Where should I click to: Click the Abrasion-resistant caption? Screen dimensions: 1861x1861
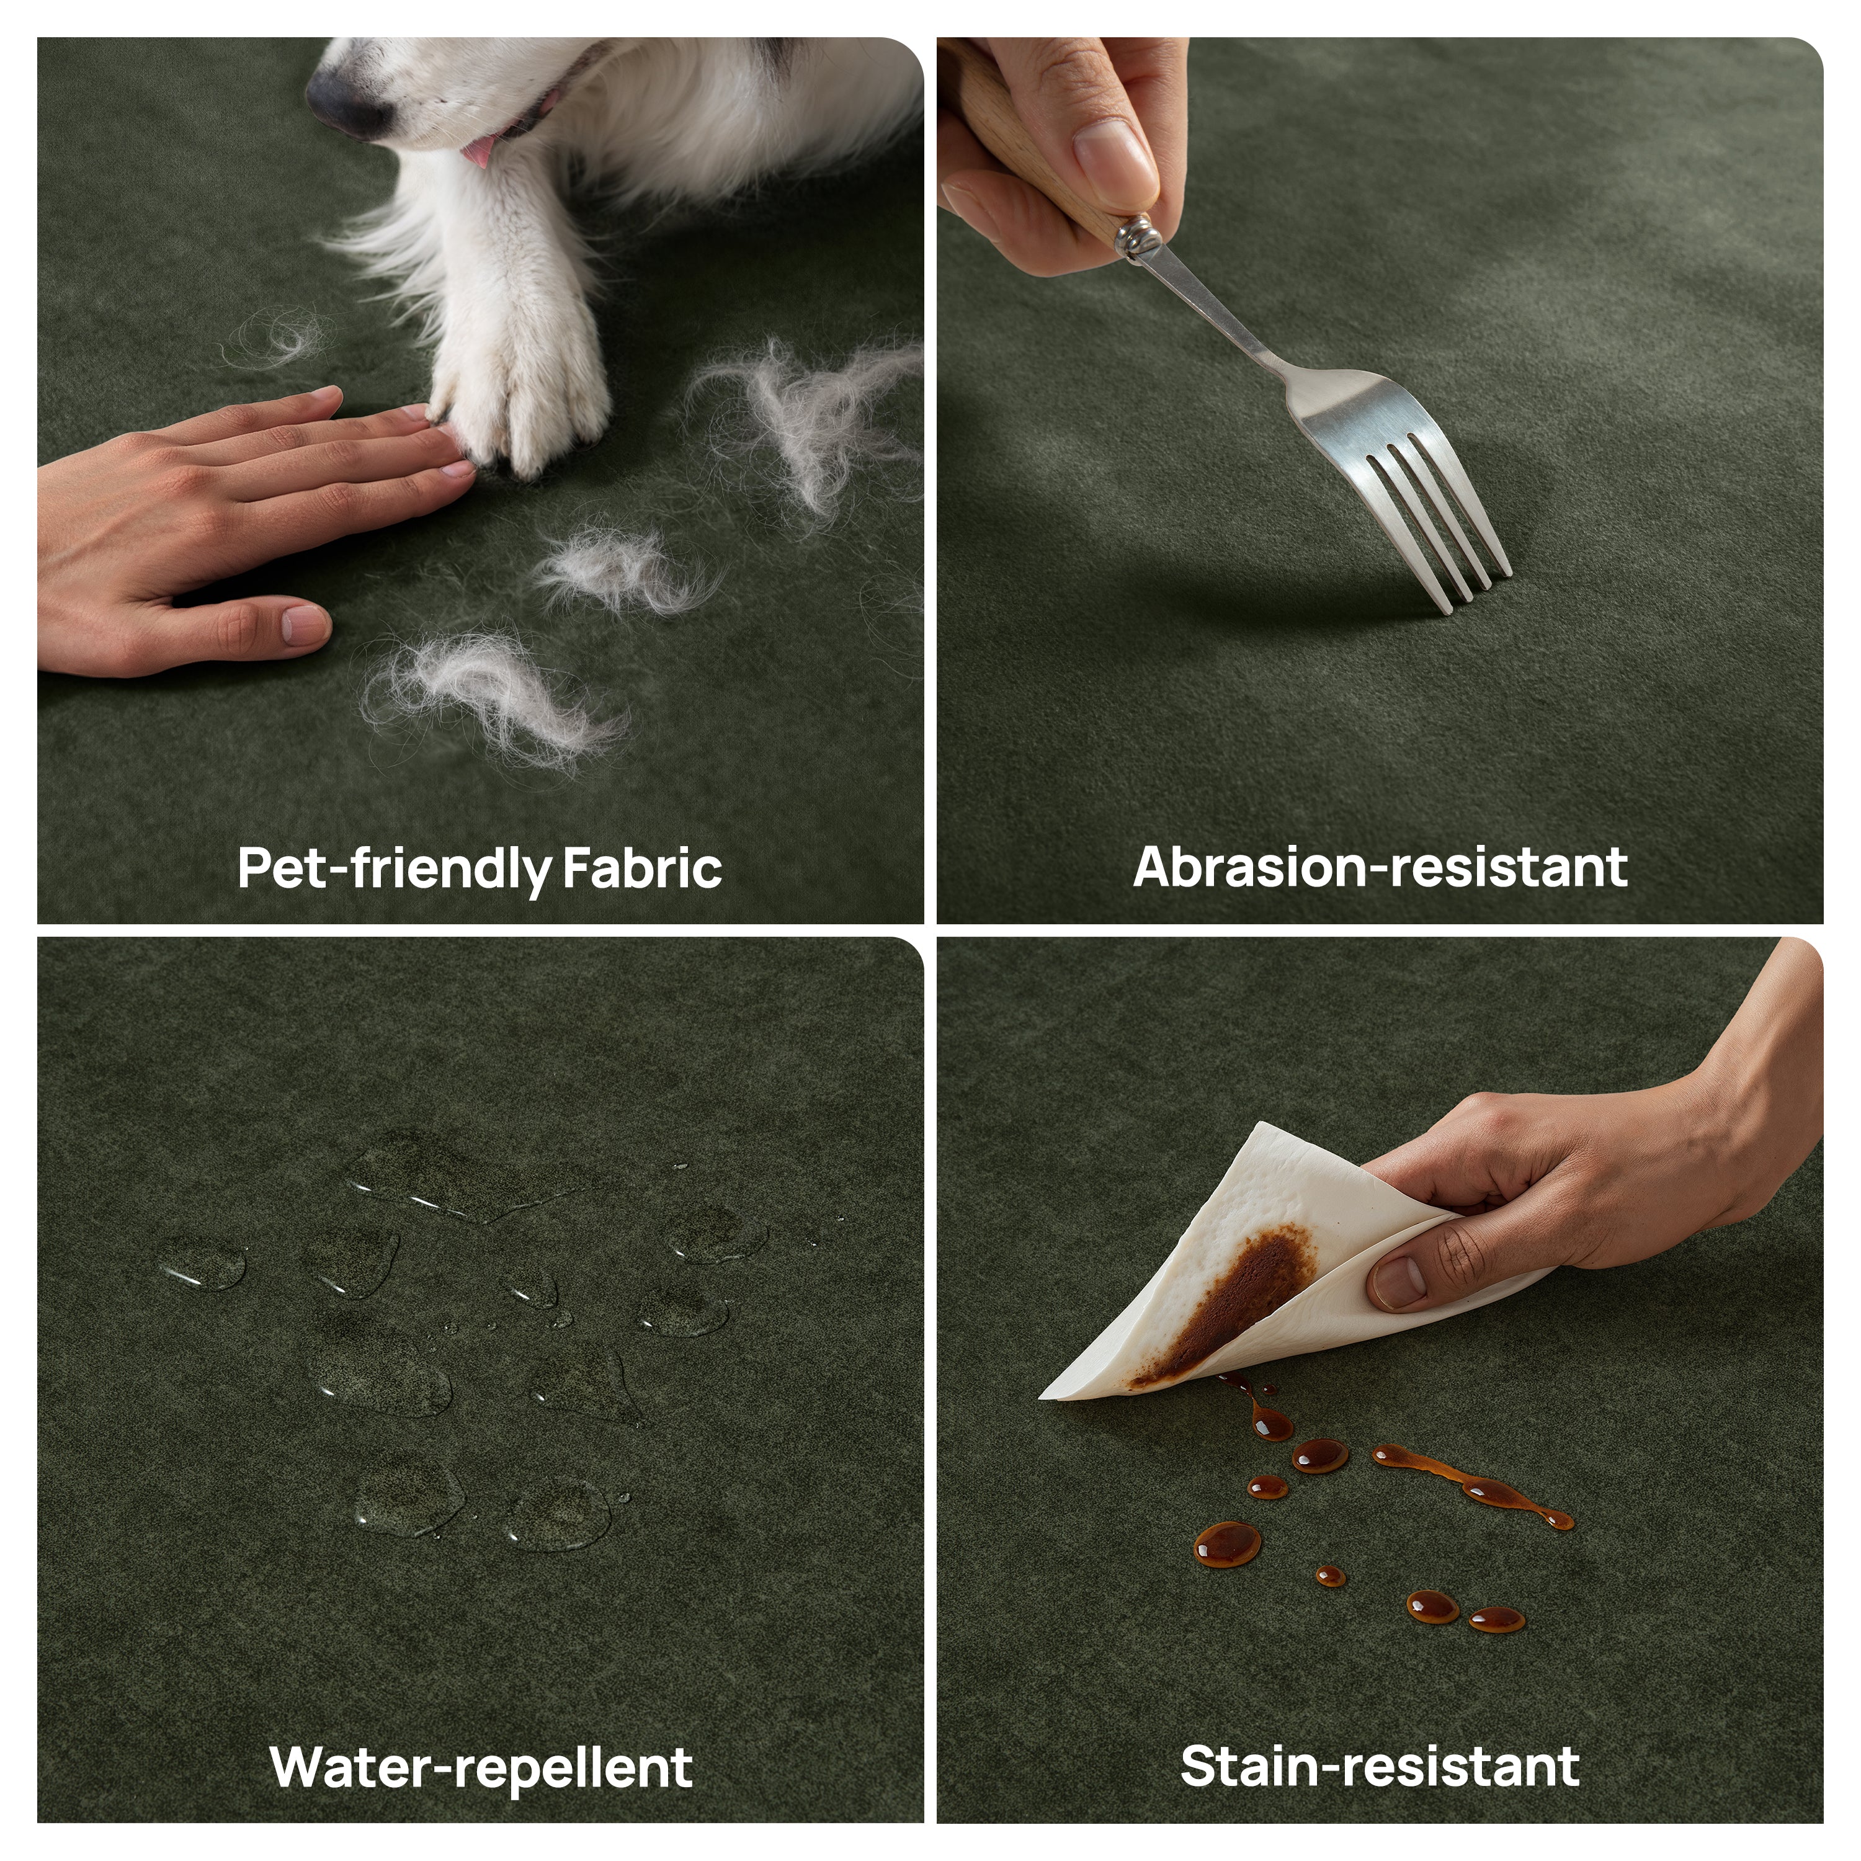coord(1380,867)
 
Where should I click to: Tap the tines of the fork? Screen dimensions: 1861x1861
coord(1437,520)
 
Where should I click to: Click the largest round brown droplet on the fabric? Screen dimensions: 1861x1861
coord(1227,1543)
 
